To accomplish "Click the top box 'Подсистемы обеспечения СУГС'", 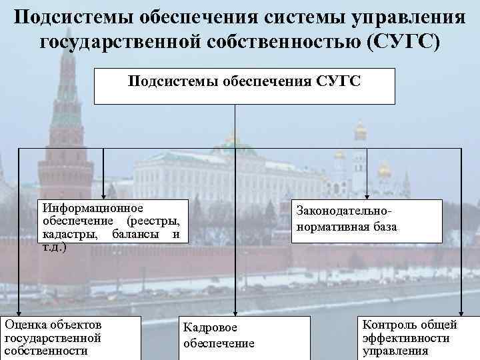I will click(x=244, y=85).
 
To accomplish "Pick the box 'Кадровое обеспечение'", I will click(x=245, y=337).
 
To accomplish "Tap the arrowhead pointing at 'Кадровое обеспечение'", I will click(x=235, y=311).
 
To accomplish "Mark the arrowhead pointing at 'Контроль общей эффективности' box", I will click(x=461, y=311).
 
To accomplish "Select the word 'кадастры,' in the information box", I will click(x=67, y=234).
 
